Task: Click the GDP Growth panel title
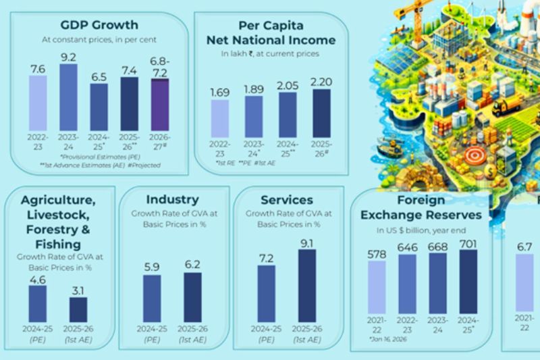click(99, 25)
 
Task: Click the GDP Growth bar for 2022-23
click(38, 102)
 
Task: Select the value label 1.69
click(220, 93)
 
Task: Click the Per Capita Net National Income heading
click(271, 32)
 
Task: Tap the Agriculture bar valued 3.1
click(78, 309)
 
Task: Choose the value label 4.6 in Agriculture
click(37, 278)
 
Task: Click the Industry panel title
click(172, 199)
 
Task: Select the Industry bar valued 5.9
click(152, 298)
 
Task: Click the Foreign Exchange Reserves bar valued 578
click(377, 288)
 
